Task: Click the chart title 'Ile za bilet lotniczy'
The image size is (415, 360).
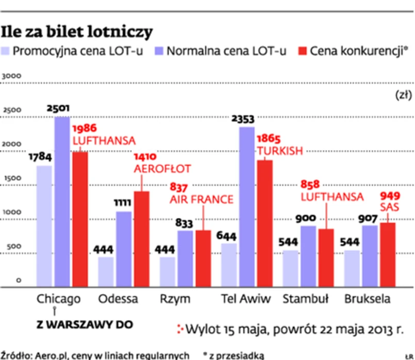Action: [77, 31]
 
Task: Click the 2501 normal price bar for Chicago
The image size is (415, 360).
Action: [62, 201]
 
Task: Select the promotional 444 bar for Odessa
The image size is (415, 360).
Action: [106, 271]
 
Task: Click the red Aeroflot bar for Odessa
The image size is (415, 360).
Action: [142, 238]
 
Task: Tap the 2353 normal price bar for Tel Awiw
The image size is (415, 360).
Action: [247, 206]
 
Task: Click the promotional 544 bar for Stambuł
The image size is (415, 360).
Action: [290, 268]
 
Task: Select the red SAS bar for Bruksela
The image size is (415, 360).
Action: [387, 254]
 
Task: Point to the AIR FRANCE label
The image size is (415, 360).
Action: [202, 199]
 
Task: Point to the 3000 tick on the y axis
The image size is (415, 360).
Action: [11, 76]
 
